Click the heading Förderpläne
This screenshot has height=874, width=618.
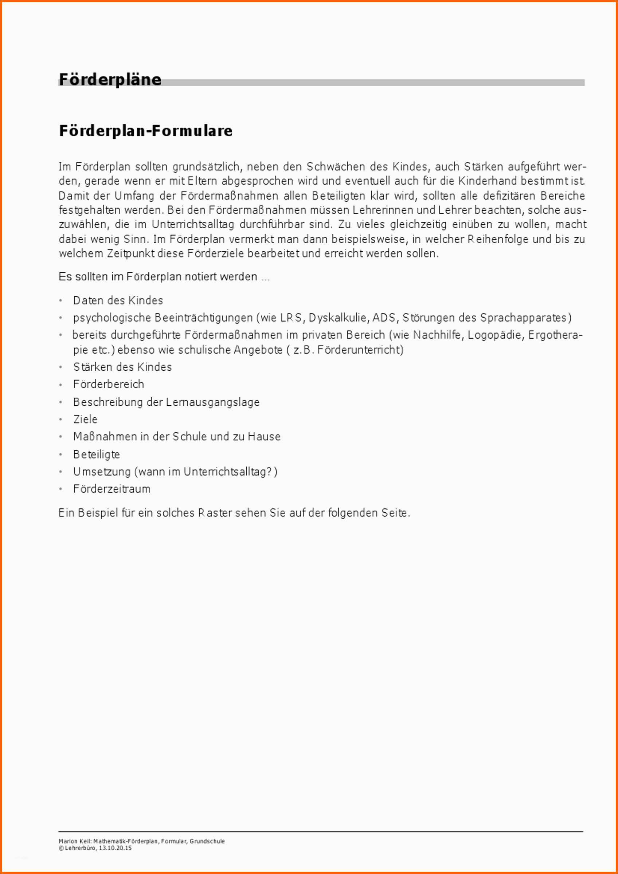[x=110, y=79]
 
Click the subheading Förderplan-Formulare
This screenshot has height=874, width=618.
[x=145, y=131]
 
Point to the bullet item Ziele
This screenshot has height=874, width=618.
[x=85, y=419]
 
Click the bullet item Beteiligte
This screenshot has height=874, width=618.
[x=96, y=454]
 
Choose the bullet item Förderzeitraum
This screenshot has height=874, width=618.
[x=112, y=489]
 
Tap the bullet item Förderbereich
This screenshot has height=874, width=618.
[x=109, y=384]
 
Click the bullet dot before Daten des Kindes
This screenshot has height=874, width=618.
[x=60, y=301]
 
